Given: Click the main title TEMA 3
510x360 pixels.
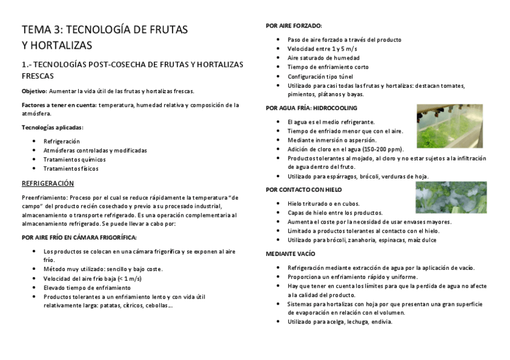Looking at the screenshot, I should [105, 29].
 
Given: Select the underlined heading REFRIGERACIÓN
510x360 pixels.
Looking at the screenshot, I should [48, 183].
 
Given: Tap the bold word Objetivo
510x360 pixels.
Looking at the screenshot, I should [34, 91].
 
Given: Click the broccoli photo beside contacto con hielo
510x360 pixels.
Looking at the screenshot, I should [452, 198].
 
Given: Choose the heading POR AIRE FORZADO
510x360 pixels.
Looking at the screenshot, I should [293, 25].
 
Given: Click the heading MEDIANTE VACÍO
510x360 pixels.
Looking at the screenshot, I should [291, 254].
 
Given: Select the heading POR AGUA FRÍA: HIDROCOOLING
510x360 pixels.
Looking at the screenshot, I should [312, 108].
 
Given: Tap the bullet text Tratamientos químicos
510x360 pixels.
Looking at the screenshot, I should [75, 160].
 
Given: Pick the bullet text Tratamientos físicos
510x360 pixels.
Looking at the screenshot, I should [71, 169].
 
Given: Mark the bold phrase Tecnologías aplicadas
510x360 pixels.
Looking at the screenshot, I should [52, 127].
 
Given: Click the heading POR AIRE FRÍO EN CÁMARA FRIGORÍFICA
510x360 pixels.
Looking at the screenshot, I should [79, 237].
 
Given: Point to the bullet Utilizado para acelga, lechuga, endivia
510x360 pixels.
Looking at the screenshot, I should [340, 322].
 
